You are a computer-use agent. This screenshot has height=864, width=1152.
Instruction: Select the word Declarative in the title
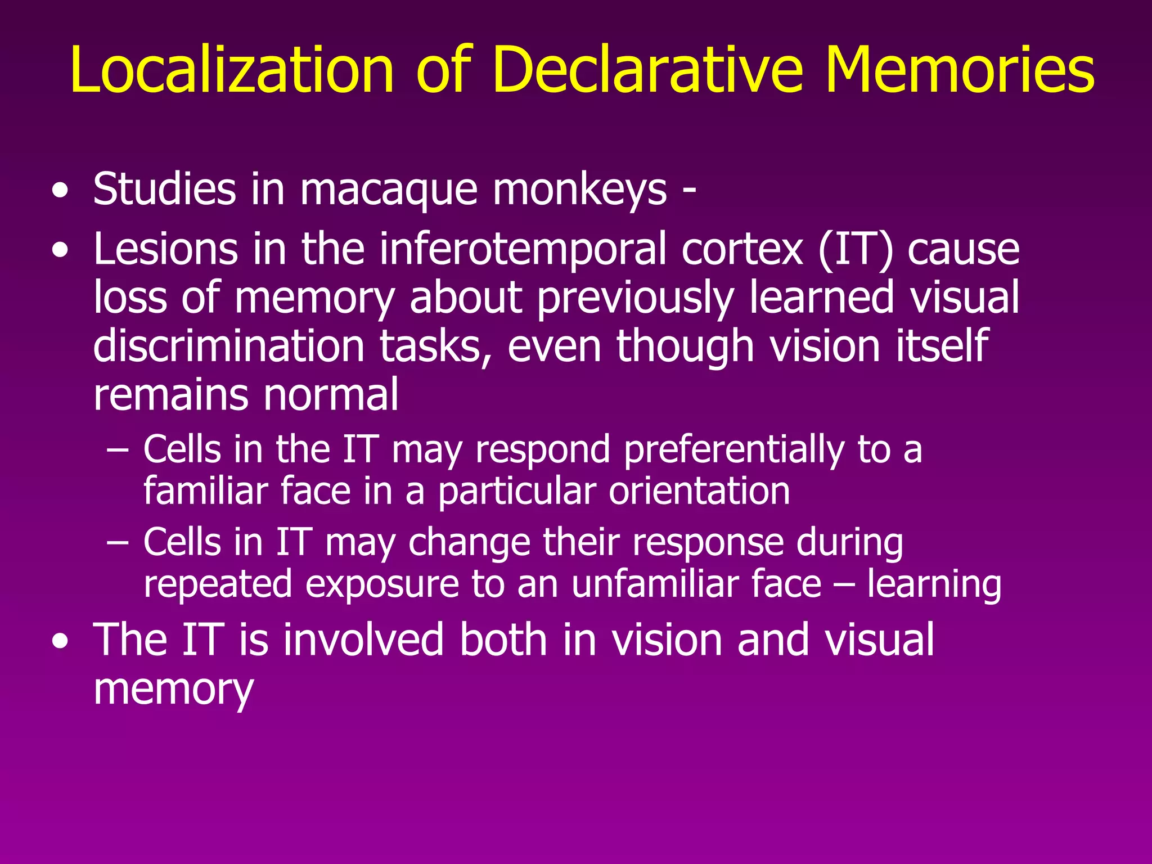pos(647,70)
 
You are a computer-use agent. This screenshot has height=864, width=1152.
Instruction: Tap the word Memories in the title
pos(960,70)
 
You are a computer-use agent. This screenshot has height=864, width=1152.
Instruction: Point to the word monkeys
pos(580,190)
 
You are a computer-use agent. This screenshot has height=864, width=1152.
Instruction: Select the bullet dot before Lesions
pos(60,252)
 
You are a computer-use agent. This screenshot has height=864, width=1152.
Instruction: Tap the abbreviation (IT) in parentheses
pos(855,250)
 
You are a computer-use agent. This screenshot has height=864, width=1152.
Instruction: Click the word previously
pos(636,298)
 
